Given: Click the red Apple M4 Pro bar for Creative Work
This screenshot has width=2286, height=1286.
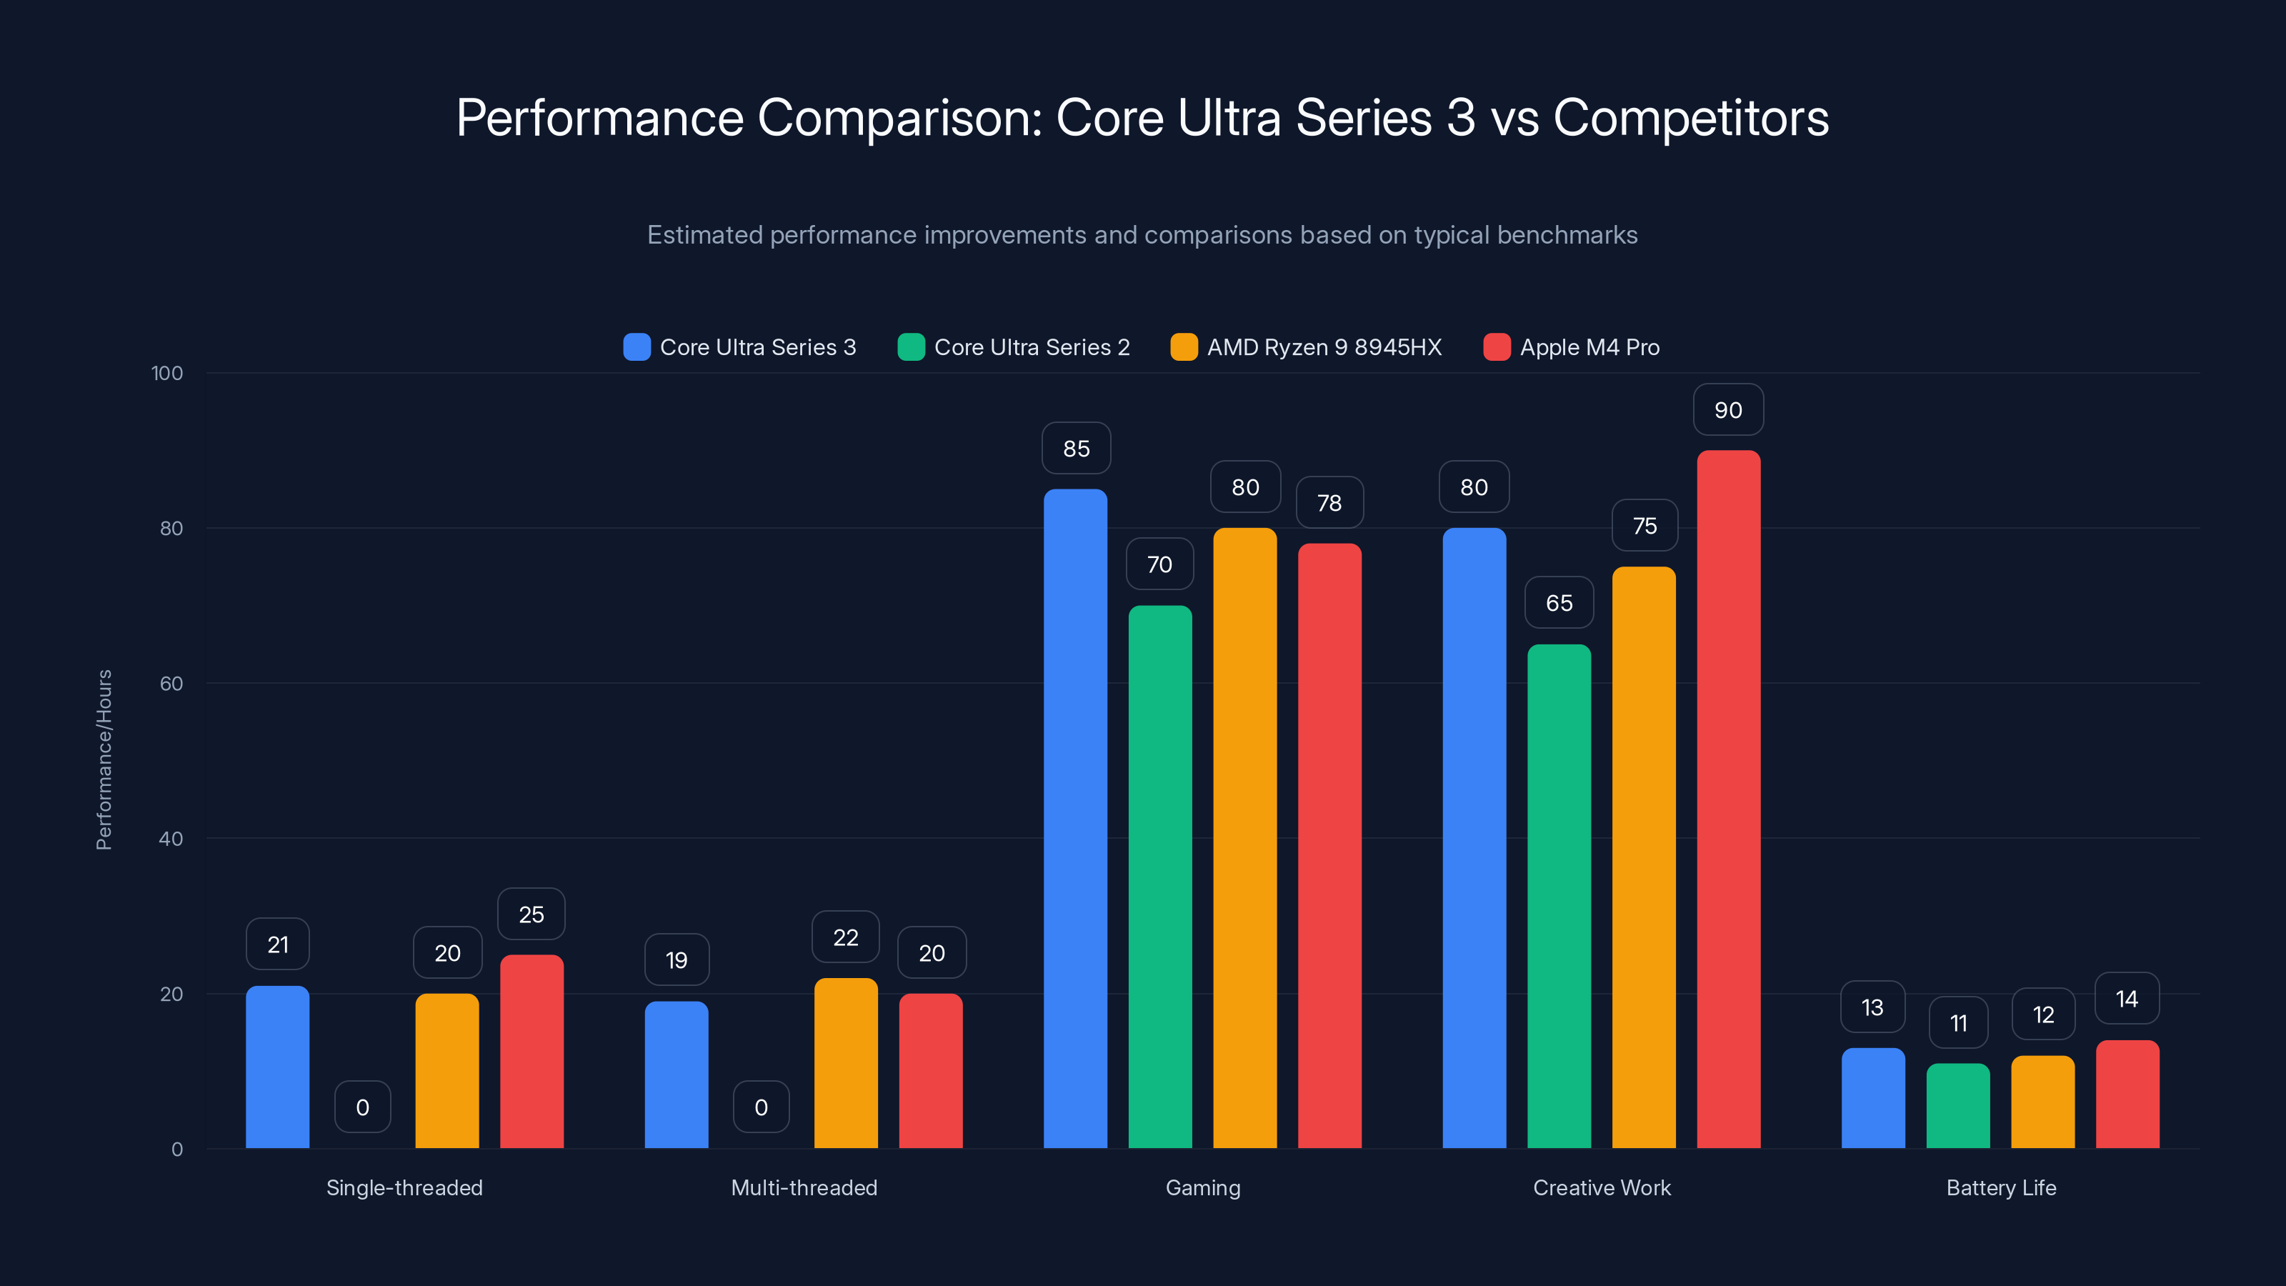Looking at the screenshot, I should coord(1728,799).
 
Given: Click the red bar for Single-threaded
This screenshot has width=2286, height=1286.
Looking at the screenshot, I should coord(531,1052).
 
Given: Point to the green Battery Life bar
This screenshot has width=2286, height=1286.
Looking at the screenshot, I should coord(1957,1106).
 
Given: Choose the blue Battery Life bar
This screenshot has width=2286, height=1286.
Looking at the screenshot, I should coord(1872,1098).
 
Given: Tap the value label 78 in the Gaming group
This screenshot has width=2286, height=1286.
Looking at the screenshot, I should coord(1329,503).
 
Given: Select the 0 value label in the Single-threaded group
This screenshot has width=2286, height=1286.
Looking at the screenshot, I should coord(362,1107).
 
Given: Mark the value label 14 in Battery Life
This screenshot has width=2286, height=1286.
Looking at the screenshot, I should coord(2126,1000).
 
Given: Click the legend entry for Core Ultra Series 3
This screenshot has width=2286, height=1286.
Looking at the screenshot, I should coord(740,347).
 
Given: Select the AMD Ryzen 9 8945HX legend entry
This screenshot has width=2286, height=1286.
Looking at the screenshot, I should coord(1307,347).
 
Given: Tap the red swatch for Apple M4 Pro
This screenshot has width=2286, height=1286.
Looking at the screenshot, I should coord(1496,347).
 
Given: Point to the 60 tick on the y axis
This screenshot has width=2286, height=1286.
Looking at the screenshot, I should coord(171,684).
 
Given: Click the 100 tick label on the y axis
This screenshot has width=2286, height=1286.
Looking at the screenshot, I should coord(167,373).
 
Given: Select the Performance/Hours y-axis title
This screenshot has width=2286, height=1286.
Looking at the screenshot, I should coord(104,759).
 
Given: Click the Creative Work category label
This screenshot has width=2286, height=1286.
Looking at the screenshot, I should coord(1601,1187).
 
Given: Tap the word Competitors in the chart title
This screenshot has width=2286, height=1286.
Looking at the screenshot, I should coord(1690,118).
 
